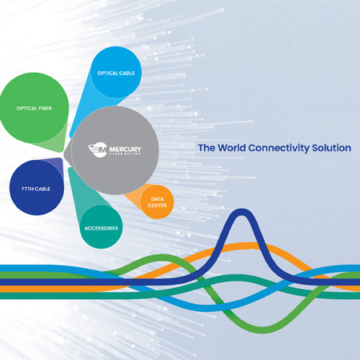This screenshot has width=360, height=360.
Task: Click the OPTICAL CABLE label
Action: pos(116,73)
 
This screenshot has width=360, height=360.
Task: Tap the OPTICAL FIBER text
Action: pos(34,108)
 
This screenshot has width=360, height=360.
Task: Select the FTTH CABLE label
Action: pos(36,189)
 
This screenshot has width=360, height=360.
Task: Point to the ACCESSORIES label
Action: pos(101,228)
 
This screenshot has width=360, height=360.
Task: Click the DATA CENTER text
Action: pos(158,202)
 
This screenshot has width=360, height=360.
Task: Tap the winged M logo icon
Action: pos(98,150)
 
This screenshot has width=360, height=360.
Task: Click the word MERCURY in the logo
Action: pos(125,149)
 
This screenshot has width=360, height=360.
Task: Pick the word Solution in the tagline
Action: pos(331,148)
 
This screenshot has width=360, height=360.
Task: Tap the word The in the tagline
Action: pos(206,148)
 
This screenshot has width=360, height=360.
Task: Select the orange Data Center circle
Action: pos(158,202)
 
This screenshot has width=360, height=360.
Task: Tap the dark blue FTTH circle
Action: pos(37,188)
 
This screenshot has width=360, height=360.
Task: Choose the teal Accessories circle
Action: pos(102,226)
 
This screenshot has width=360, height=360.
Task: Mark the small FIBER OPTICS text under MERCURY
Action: pos(125,154)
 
